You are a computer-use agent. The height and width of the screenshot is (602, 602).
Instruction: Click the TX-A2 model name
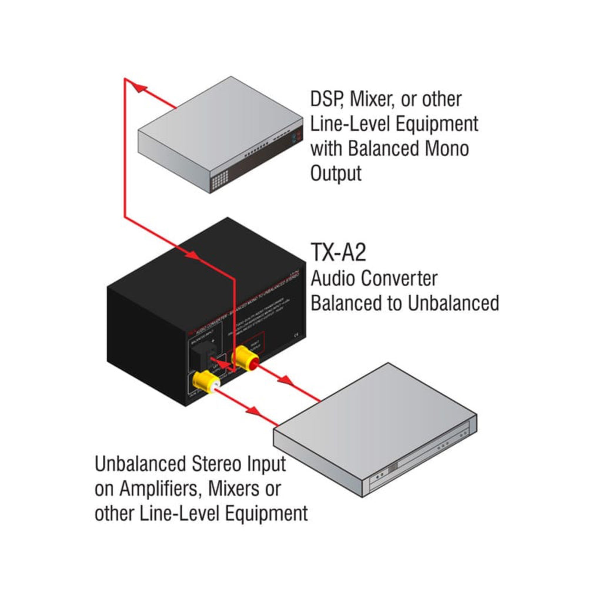coord(338,253)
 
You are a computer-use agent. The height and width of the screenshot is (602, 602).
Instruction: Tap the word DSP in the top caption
coord(326,99)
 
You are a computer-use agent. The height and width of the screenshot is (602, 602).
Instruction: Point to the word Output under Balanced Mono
coord(336,174)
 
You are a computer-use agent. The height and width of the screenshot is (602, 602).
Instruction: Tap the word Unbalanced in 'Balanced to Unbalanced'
coord(453,303)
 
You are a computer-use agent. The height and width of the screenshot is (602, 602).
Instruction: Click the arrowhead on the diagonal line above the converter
coord(191,255)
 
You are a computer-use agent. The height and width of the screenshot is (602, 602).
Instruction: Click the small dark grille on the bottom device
coord(393,465)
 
